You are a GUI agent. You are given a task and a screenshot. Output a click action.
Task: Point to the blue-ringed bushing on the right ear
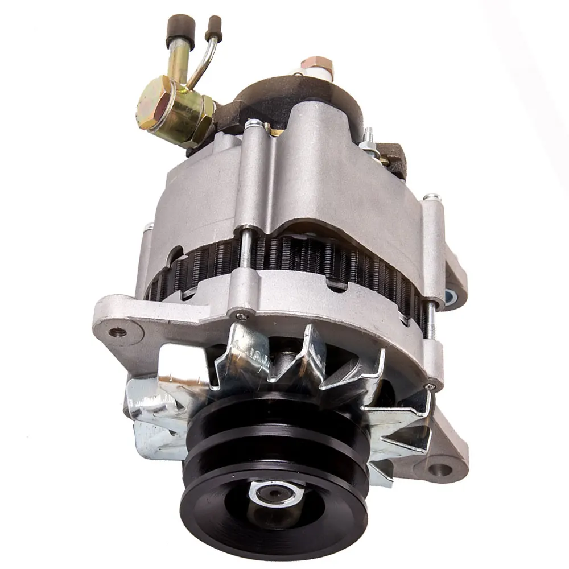450,295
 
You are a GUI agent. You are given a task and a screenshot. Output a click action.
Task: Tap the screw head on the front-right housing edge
431,386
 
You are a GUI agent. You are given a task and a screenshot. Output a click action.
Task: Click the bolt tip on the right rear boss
431,197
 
